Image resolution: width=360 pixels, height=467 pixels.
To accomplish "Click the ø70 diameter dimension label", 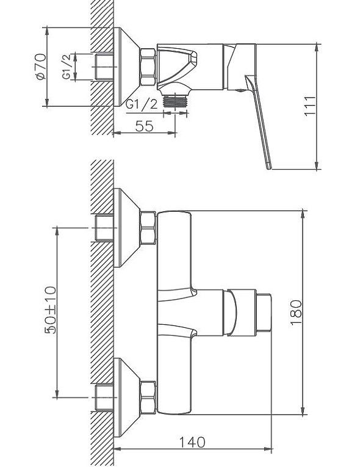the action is tap(40, 67).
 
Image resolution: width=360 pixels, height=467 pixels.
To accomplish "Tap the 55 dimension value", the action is tap(145, 126).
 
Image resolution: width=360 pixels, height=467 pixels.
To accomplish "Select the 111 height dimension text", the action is tap(309, 106).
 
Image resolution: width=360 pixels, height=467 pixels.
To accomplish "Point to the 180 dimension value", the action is tap(296, 313).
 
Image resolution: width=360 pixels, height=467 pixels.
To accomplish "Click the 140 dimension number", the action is tap(192, 442).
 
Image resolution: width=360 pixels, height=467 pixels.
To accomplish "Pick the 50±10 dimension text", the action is tap(50, 310).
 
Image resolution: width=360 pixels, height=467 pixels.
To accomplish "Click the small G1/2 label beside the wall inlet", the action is tap(67, 67).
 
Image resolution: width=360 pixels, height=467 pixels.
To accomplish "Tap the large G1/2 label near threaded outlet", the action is tap(141, 104).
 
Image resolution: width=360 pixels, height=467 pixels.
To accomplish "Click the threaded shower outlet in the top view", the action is tap(175, 100).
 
